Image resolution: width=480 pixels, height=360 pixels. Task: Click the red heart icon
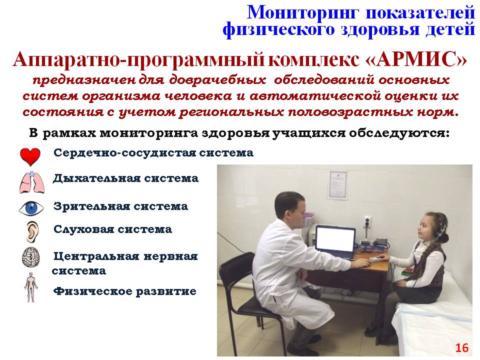click(30, 156)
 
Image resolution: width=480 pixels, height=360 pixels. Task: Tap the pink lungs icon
click(32, 182)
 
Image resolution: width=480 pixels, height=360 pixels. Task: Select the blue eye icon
click(31, 208)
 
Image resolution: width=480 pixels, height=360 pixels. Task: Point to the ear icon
click(32, 232)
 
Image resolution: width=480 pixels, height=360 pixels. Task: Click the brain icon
click(31, 257)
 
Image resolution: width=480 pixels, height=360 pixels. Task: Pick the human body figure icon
click(31, 287)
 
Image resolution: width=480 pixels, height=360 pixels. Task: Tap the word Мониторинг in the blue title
click(303, 13)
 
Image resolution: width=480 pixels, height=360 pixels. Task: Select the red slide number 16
click(462, 348)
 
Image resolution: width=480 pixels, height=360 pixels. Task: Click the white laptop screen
click(335, 239)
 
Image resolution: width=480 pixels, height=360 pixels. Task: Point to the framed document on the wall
click(338, 185)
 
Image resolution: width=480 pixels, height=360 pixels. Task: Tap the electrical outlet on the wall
click(367, 221)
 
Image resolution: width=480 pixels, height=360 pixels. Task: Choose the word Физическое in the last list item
click(93, 291)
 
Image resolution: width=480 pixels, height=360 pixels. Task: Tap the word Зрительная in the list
click(91, 206)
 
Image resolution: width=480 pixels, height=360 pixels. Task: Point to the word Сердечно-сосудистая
click(124, 153)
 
